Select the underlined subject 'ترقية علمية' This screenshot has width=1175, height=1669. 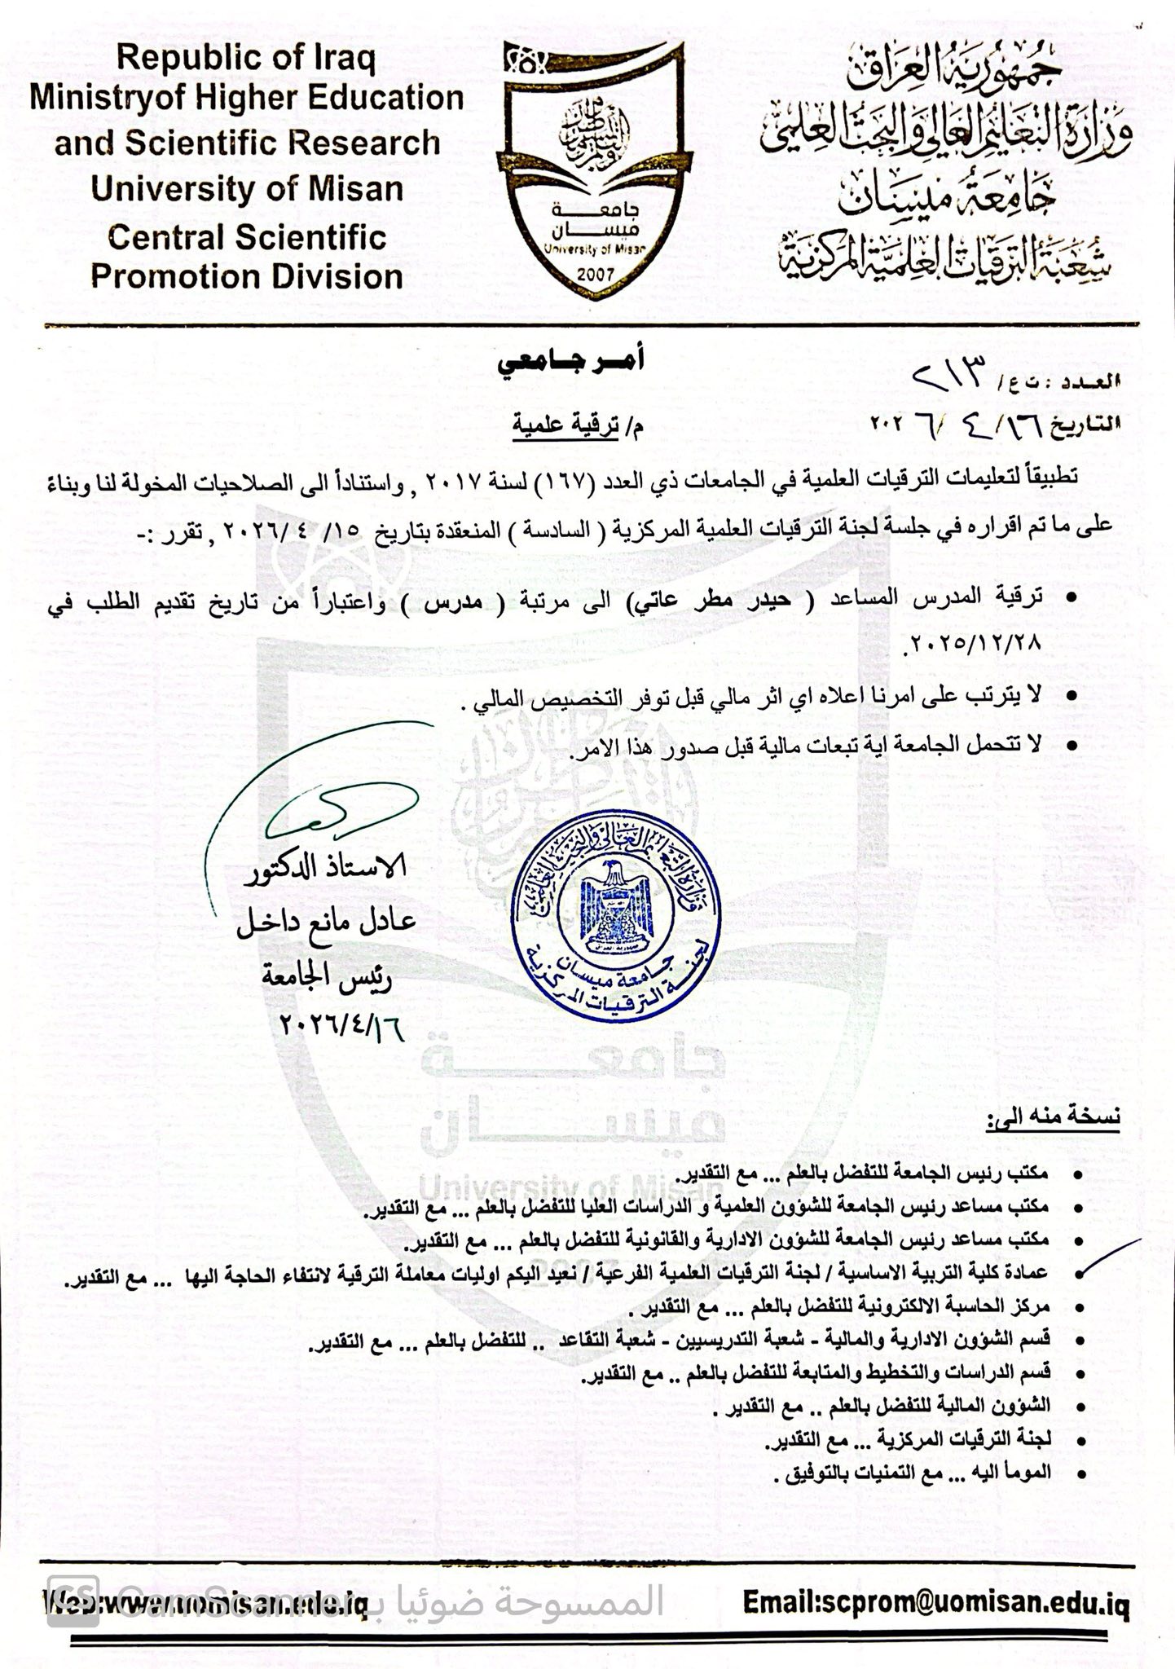(579, 425)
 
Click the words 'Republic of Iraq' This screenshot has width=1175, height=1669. (245, 59)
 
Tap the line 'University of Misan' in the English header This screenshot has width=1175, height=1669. (247, 189)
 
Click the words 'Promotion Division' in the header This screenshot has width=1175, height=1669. (247, 277)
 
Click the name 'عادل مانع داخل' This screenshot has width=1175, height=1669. (326, 924)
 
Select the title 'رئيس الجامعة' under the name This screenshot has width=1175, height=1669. (326, 977)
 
